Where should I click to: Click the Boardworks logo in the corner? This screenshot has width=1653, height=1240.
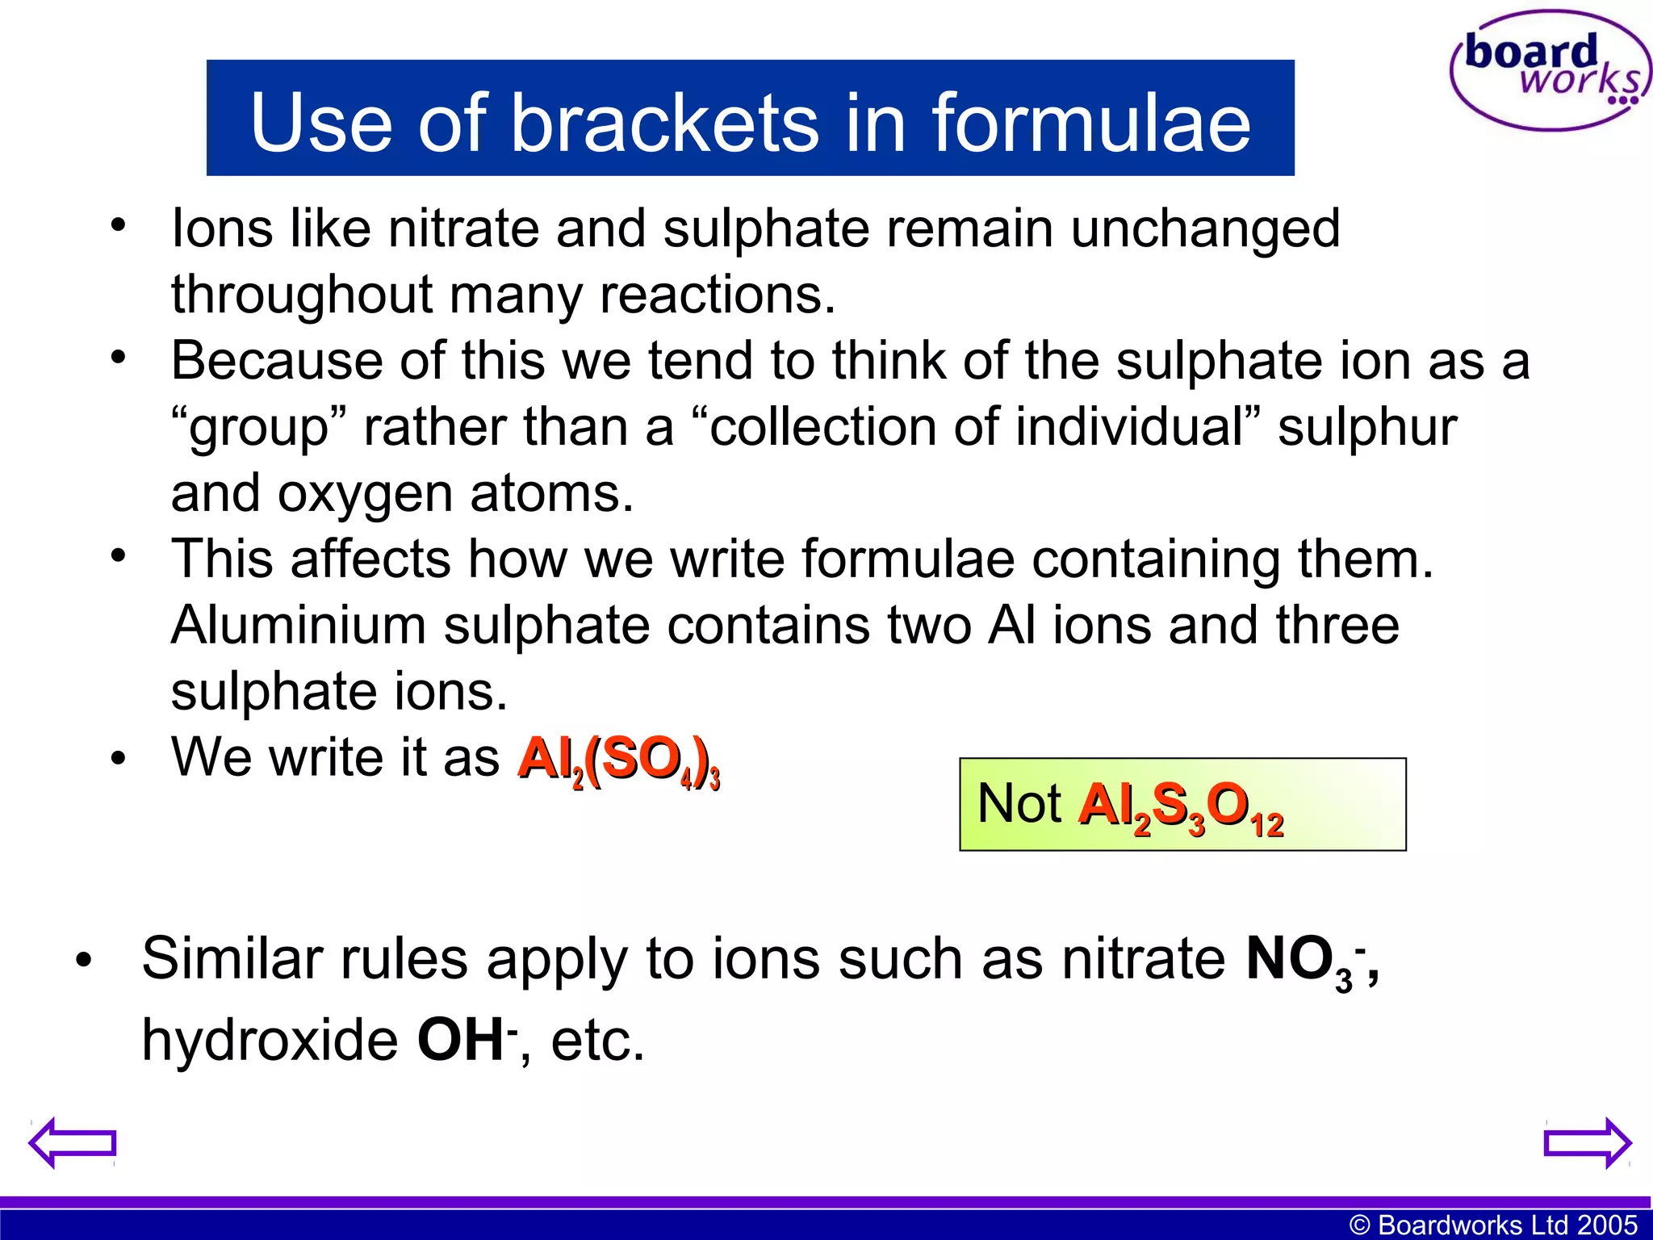pos(1550,71)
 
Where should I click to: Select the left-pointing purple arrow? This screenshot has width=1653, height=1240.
pos(73,1142)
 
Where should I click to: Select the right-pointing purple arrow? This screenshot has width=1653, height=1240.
pos(1587,1142)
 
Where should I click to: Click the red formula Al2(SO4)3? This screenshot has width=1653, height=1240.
pos(618,760)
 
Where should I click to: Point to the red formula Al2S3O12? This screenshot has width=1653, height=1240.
pos(1180,807)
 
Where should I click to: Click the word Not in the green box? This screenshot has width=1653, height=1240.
pos(1019,804)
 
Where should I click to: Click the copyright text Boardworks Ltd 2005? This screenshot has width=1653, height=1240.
pos(1493,1225)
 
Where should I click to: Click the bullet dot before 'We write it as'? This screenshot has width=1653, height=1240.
pos(119,759)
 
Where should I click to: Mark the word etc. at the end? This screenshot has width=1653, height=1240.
pos(597,1041)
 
